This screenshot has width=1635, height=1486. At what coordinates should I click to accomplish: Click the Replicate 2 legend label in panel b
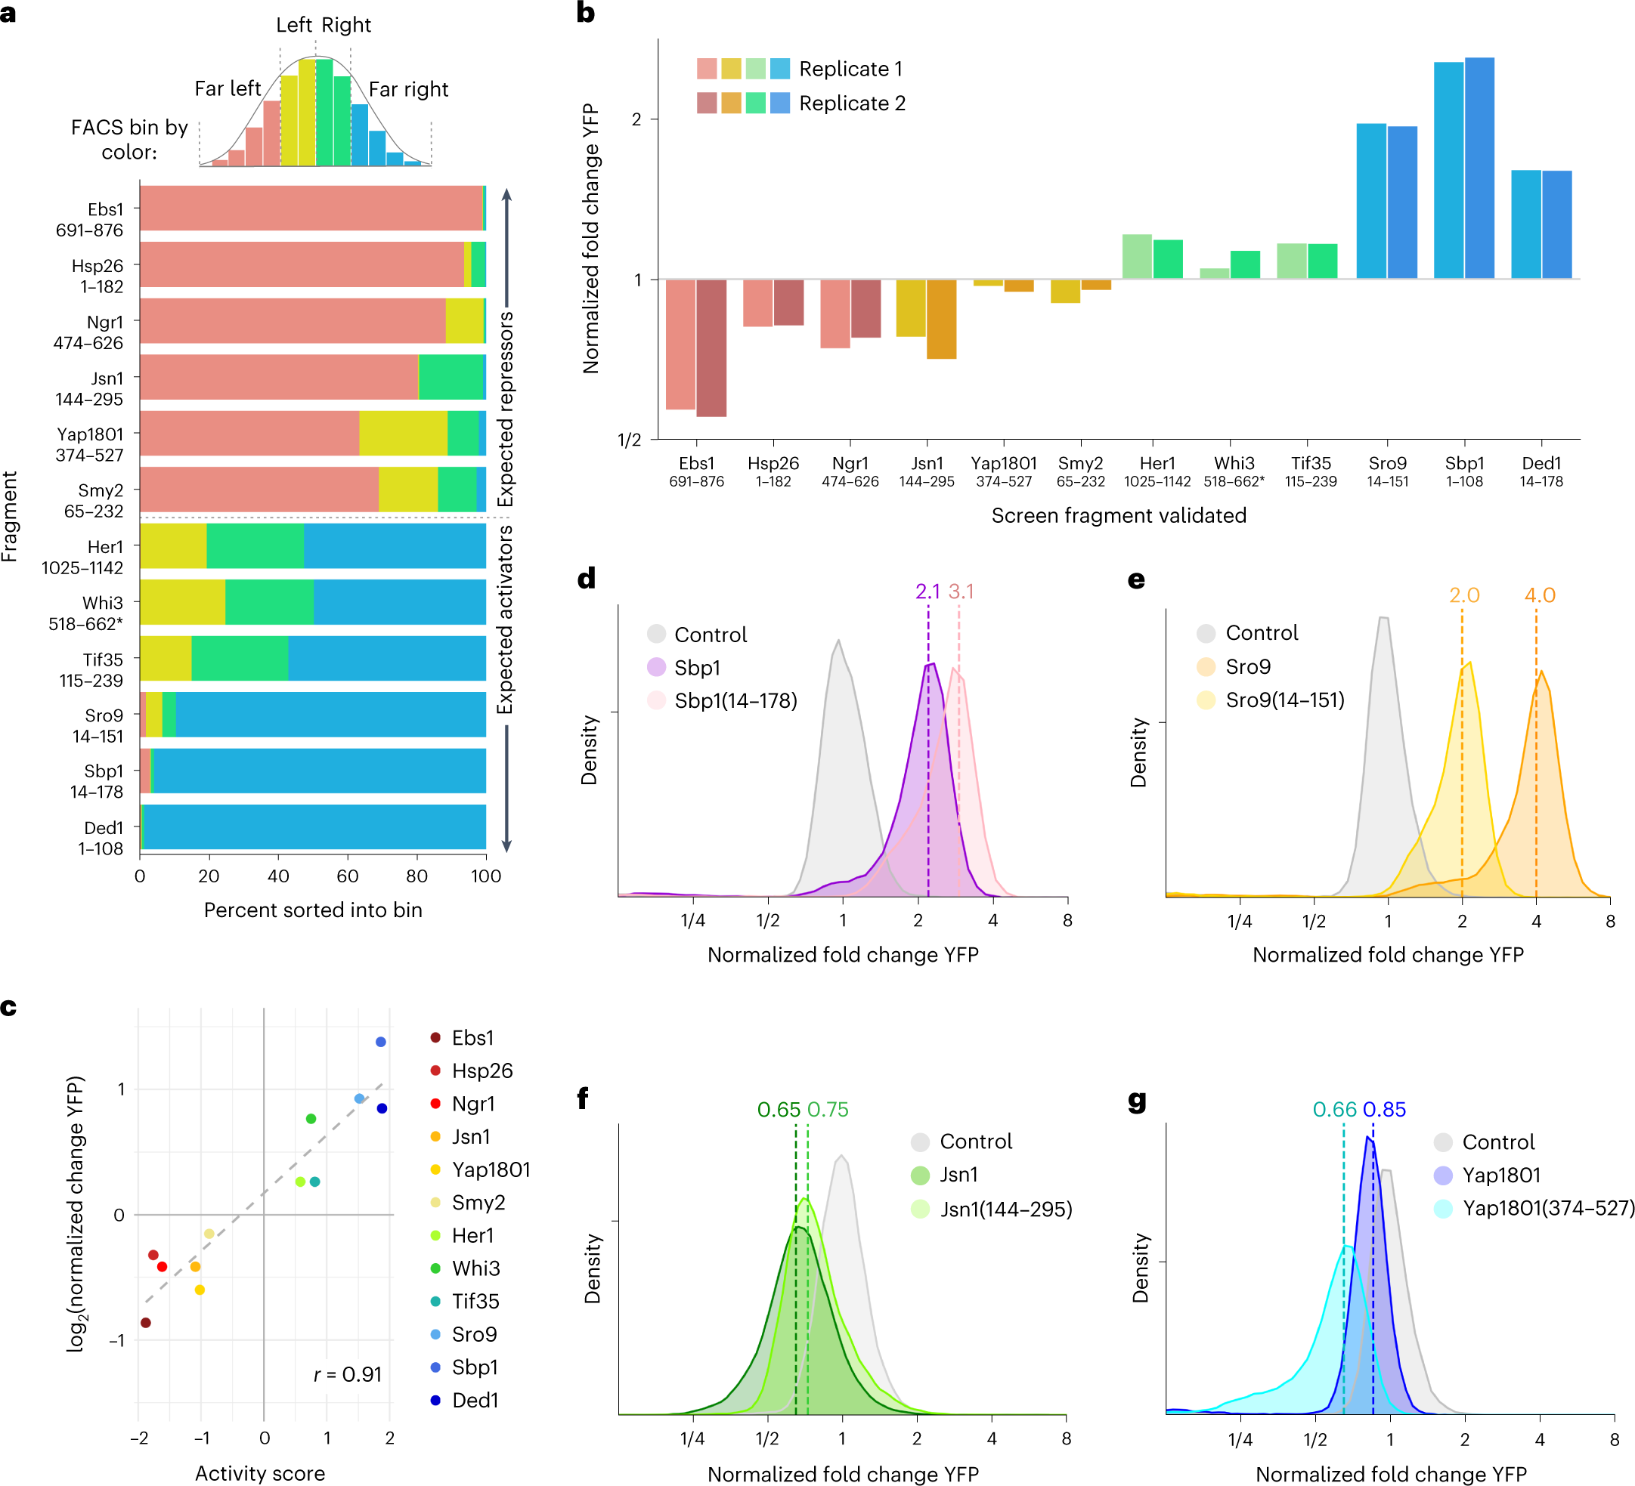click(852, 103)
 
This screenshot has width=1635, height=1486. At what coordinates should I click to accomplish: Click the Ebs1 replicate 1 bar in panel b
click(680, 344)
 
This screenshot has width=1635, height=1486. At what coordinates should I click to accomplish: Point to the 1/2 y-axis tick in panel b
click(630, 440)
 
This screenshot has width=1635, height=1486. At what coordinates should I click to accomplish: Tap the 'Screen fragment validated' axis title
click(1119, 515)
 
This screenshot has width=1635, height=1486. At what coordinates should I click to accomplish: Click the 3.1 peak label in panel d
click(961, 592)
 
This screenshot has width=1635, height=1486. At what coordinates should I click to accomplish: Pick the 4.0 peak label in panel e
click(1539, 595)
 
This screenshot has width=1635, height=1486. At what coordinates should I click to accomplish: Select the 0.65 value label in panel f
click(779, 1109)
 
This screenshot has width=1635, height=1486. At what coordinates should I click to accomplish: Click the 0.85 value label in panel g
click(1384, 1109)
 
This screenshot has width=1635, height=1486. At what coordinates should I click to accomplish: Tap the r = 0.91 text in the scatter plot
click(347, 1374)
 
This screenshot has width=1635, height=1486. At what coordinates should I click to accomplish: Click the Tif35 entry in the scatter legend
click(475, 1301)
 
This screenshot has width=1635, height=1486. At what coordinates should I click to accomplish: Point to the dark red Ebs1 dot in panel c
click(146, 1323)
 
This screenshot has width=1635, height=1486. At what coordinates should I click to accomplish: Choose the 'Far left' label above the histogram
click(227, 88)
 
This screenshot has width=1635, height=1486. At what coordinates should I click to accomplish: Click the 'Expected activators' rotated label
click(505, 620)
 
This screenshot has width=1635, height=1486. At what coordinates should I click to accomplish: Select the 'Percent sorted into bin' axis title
click(313, 910)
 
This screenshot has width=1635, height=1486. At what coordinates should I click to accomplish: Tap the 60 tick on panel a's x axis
click(347, 876)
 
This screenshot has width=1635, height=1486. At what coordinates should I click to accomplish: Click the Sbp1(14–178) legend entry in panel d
click(735, 700)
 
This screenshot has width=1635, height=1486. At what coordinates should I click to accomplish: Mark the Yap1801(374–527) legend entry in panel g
click(1547, 1208)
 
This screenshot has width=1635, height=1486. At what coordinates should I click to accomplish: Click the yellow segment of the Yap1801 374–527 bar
click(403, 434)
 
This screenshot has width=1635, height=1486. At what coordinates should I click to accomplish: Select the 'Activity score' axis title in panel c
click(259, 1473)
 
